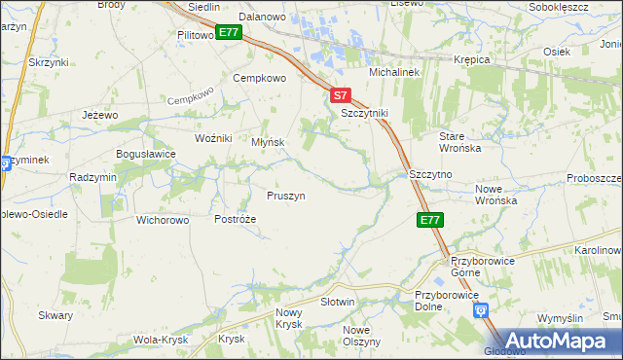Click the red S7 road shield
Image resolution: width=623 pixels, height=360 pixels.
tap(339, 96)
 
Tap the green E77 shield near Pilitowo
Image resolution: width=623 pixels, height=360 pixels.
tap(229, 33)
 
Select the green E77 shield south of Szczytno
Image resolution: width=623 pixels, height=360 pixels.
tap(431, 221)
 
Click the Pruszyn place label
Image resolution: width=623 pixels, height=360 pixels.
tap(286, 196)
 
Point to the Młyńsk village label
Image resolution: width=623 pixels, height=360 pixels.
tap(268, 142)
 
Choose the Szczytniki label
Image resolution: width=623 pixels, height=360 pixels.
tap(364, 113)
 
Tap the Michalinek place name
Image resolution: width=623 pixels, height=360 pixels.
tap(392, 73)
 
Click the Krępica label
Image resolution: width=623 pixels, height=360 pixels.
tap(471, 59)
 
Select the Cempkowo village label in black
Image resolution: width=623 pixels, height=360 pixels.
tap(258, 78)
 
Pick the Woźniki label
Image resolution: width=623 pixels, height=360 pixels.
tap(213, 138)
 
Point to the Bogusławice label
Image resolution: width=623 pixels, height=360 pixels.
tap(145, 154)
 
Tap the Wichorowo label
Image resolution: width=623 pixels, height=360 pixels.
tap(163, 220)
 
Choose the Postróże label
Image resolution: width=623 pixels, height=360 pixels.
tap(235, 220)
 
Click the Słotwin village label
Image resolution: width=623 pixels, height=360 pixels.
tap(338, 303)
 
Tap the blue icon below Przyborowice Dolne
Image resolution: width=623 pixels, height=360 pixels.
tap(480, 310)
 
